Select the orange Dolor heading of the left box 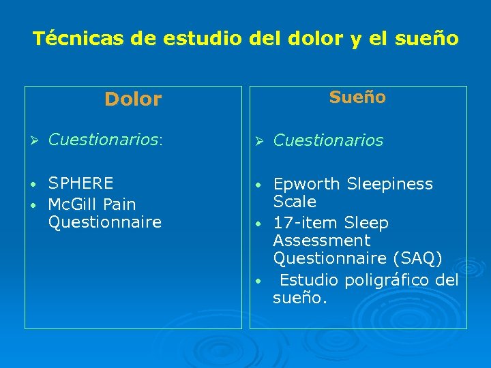tap(133, 99)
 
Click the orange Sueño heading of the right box tap(357, 97)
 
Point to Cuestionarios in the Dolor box tap(103, 140)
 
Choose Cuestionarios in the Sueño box tap(328, 140)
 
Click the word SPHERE tap(81, 183)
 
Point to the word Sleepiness tap(390, 184)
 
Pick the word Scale tap(295, 202)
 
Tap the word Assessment tap(321, 241)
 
